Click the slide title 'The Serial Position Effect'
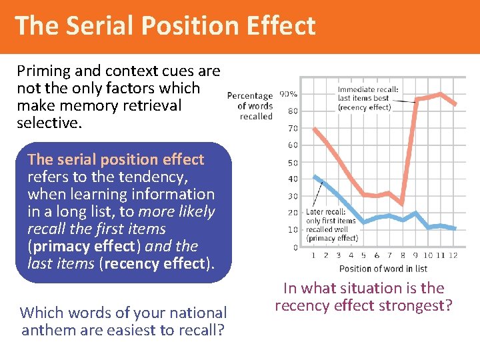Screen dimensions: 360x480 [165, 25]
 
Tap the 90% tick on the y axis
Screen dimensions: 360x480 [288, 94]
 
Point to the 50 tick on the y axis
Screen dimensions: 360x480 [292, 163]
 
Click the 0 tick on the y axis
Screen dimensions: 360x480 [295, 247]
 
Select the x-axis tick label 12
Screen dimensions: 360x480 [455, 255]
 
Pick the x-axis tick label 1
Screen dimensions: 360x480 [313, 255]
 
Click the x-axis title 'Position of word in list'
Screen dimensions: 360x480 [383, 269]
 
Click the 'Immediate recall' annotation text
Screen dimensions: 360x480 [368, 98]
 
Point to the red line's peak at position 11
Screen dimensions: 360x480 [441, 94]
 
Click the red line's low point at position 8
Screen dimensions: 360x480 [402, 203]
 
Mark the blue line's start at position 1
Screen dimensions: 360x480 [313, 176]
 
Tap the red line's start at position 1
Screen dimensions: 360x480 [313, 128]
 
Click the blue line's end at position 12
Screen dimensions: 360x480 [455, 229]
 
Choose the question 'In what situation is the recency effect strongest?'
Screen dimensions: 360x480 [363, 297]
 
